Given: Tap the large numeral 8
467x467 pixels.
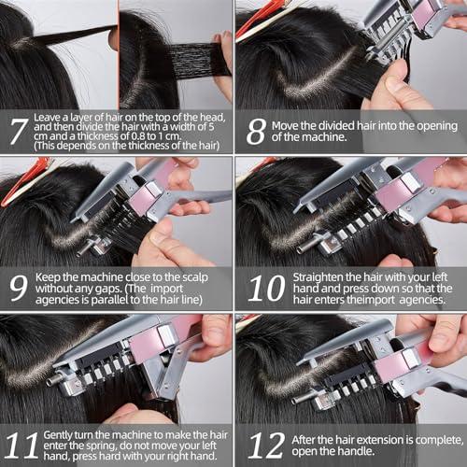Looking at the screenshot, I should [255, 131].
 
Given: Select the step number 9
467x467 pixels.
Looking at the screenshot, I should [18, 286].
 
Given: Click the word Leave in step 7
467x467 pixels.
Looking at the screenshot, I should [50, 117].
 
